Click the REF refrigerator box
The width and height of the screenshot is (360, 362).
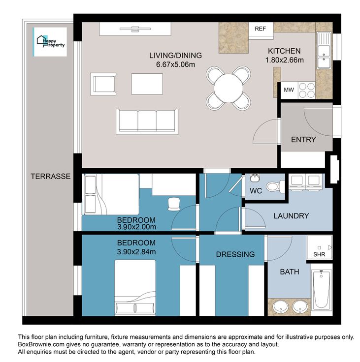(261, 30)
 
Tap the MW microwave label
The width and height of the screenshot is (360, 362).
(289, 90)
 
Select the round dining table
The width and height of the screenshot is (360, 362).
(229, 88)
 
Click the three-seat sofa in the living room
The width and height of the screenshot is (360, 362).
(147, 121)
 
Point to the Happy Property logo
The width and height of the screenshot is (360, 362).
(50, 42)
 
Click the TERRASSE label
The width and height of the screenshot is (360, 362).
(51, 177)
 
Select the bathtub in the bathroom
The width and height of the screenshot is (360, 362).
(322, 289)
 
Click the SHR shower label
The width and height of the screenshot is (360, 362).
(319, 254)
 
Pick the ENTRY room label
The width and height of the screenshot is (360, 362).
(303, 140)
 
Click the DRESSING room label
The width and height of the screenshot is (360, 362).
(235, 254)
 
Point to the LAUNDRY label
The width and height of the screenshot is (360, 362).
(292, 216)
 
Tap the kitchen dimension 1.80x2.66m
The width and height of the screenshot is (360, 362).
(284, 60)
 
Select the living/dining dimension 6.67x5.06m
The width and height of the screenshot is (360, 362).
(175, 64)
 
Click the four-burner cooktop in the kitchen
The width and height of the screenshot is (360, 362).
(307, 90)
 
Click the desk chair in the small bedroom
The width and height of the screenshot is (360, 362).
(174, 204)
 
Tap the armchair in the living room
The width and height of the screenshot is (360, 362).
(103, 84)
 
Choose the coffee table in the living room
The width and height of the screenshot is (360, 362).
(147, 84)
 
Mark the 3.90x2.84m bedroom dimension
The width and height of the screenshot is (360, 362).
(136, 252)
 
